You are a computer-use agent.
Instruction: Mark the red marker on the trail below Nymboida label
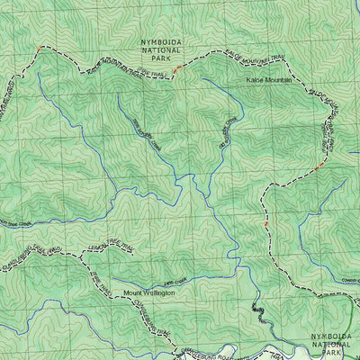[x=176, y=67]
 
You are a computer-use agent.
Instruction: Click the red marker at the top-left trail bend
[x=39, y=48]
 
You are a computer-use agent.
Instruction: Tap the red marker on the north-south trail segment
[x=265, y=222]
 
